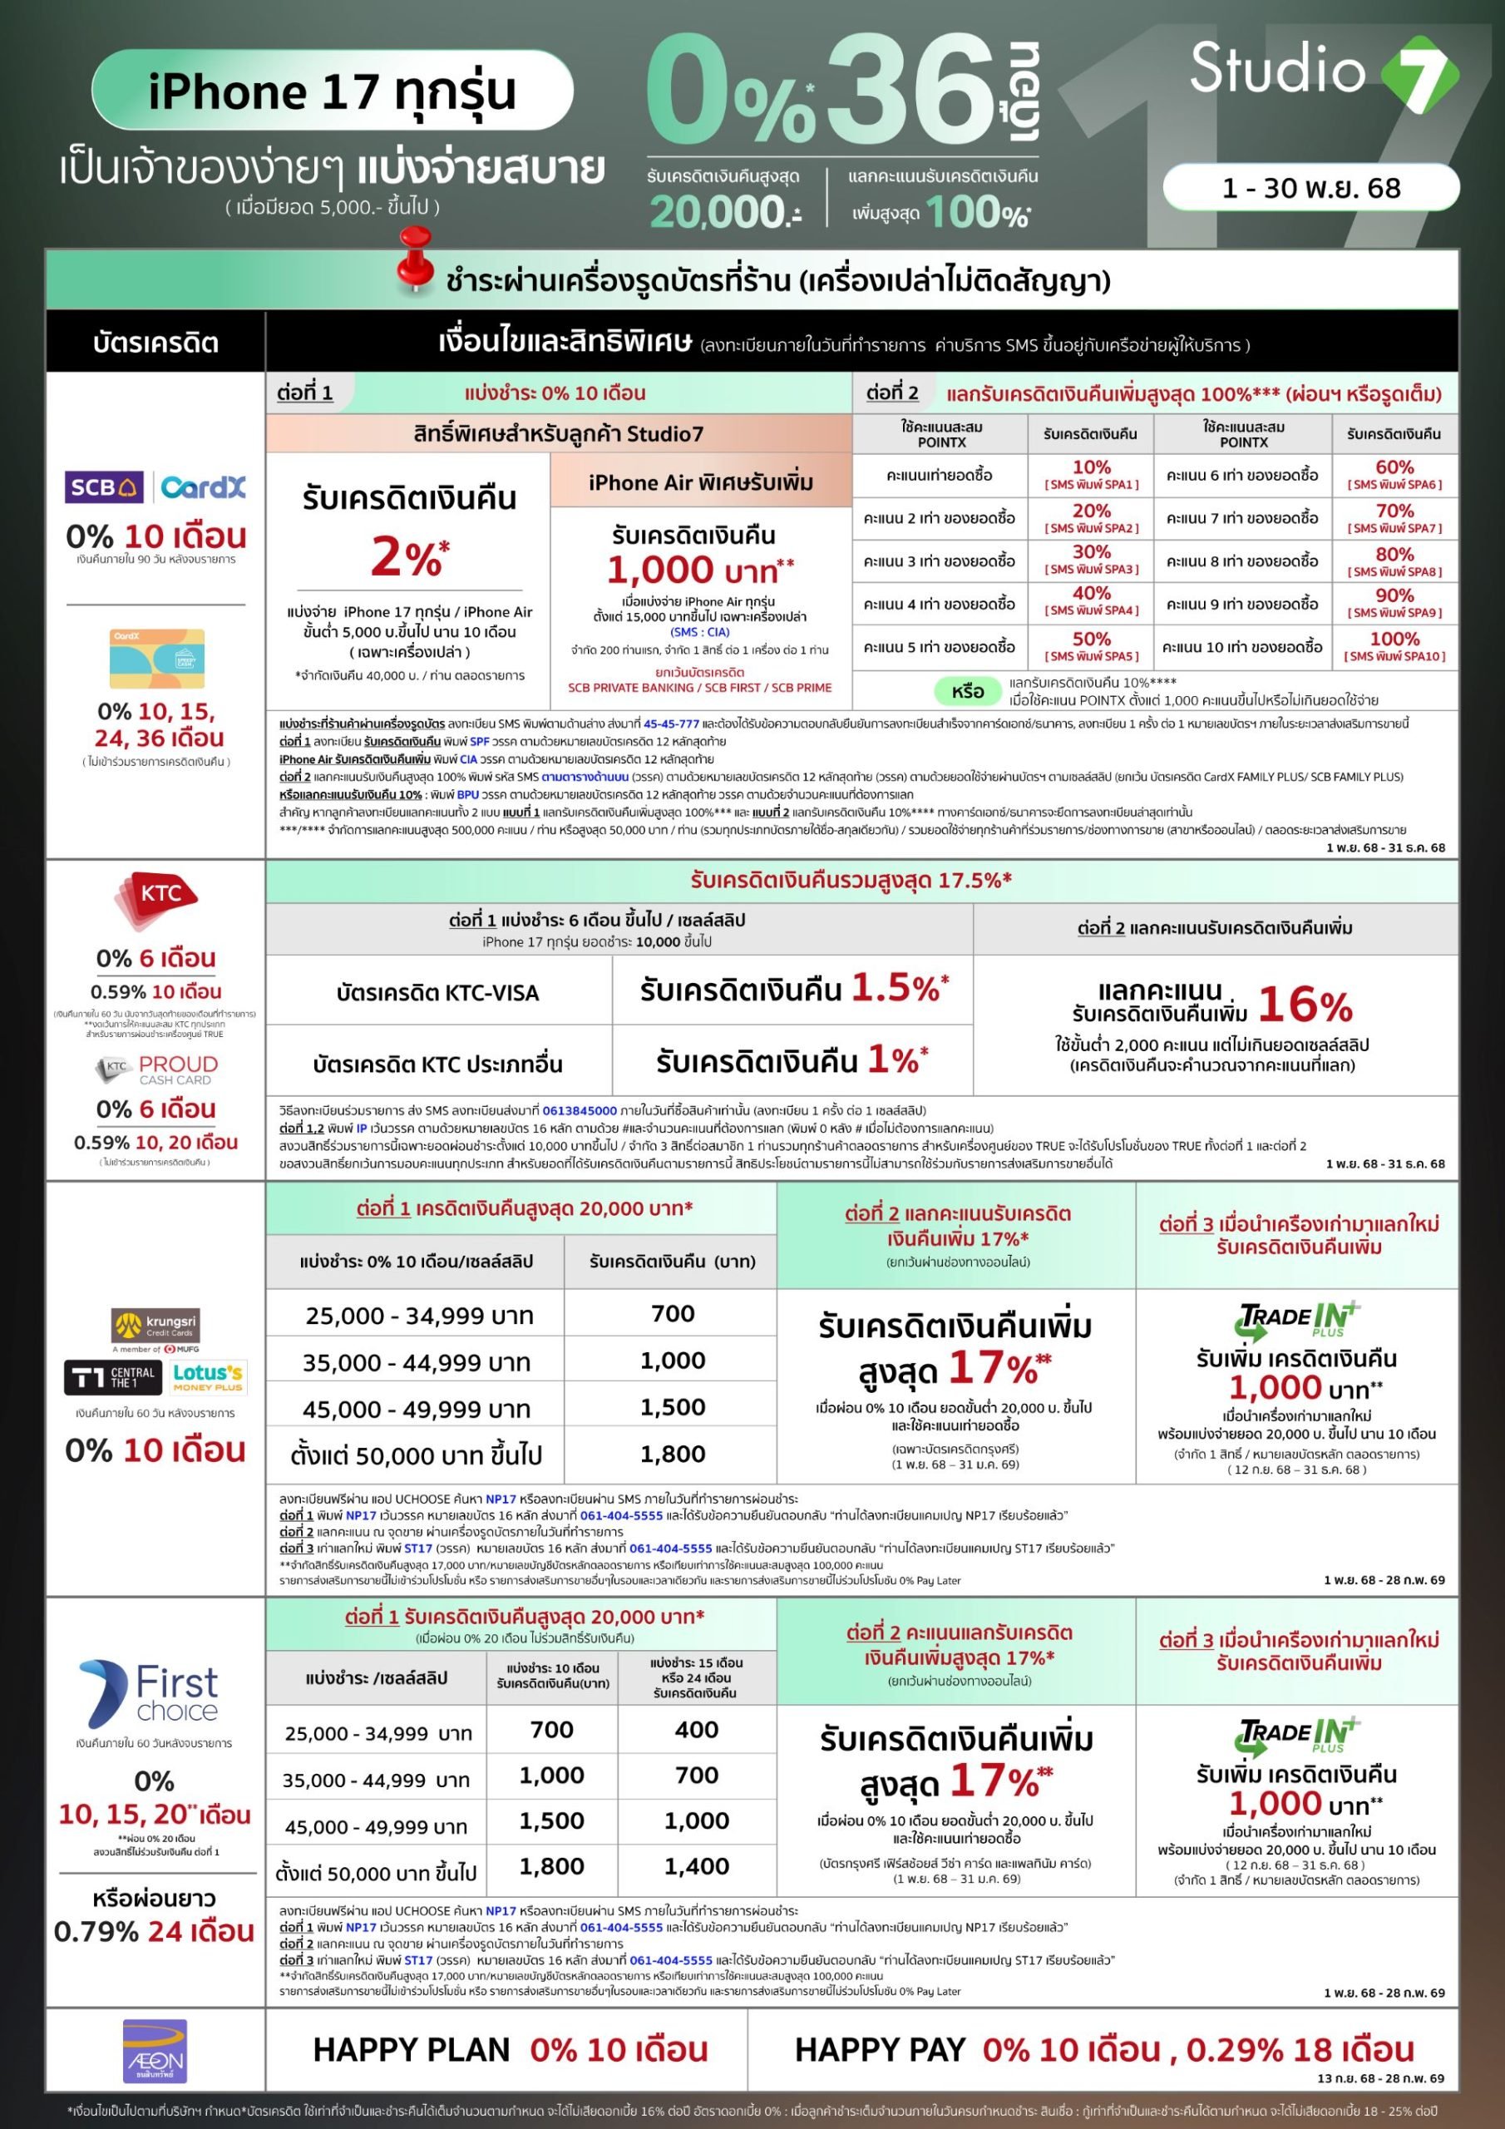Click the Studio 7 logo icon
point(1419,74)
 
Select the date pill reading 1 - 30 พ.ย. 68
point(1310,188)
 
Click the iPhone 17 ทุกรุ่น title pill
point(332,91)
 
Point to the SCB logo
point(103,487)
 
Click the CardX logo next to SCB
point(203,487)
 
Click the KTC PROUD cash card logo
point(158,1070)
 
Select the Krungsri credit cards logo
point(155,1326)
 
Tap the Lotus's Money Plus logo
point(208,1377)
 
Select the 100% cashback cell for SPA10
point(1394,645)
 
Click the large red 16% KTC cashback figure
point(1305,1005)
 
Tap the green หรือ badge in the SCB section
point(967,692)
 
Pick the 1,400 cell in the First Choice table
point(697,1866)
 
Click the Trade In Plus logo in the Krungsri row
point(1297,1321)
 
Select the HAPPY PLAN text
point(411,2050)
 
